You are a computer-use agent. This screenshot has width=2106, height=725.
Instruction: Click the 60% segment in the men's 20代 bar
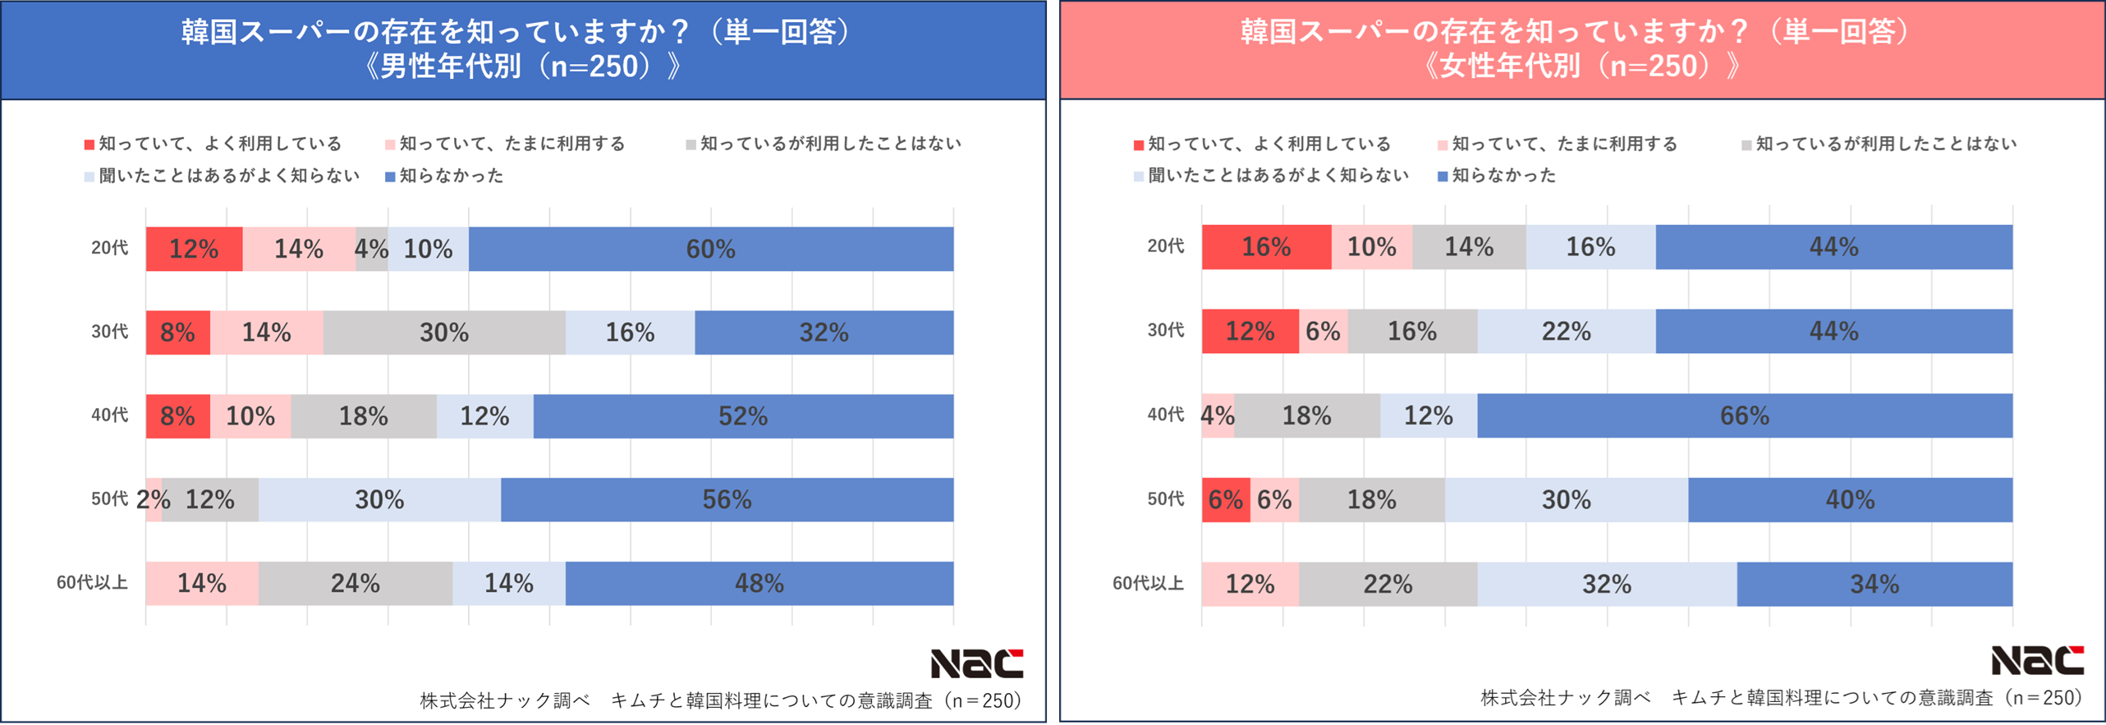click(x=710, y=249)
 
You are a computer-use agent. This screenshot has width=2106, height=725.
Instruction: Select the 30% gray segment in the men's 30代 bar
click(x=444, y=333)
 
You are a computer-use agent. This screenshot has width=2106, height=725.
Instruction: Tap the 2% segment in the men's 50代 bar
click(x=154, y=499)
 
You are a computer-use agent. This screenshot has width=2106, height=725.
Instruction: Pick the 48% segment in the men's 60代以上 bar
click(x=759, y=583)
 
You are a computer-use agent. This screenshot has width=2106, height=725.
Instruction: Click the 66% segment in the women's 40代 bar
click(x=1744, y=415)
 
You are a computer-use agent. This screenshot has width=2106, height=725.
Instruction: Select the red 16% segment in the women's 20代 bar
click(x=1265, y=247)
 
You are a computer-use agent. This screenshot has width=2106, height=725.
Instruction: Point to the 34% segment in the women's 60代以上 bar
click(x=1874, y=584)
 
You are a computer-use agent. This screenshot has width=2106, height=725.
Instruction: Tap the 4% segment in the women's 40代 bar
click(x=1218, y=415)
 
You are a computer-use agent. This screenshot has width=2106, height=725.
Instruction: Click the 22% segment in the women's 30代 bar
click(x=1566, y=331)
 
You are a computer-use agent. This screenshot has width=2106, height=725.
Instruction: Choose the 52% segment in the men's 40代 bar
click(x=742, y=416)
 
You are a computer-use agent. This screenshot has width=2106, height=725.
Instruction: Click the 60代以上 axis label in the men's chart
click(x=92, y=583)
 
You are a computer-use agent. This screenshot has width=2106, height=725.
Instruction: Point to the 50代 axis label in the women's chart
click(x=1165, y=499)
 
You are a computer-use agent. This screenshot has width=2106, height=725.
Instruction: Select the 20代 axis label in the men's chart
click(x=109, y=248)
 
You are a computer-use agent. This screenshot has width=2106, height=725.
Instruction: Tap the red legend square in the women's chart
click(x=1139, y=145)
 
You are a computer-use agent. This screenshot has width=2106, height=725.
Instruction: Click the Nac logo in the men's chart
click(x=976, y=663)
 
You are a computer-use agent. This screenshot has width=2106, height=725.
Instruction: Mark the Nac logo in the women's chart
click(x=2037, y=660)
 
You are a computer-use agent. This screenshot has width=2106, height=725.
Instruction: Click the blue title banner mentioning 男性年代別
click(x=523, y=49)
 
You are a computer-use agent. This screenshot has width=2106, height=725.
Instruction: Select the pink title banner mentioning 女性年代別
click(x=1582, y=49)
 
